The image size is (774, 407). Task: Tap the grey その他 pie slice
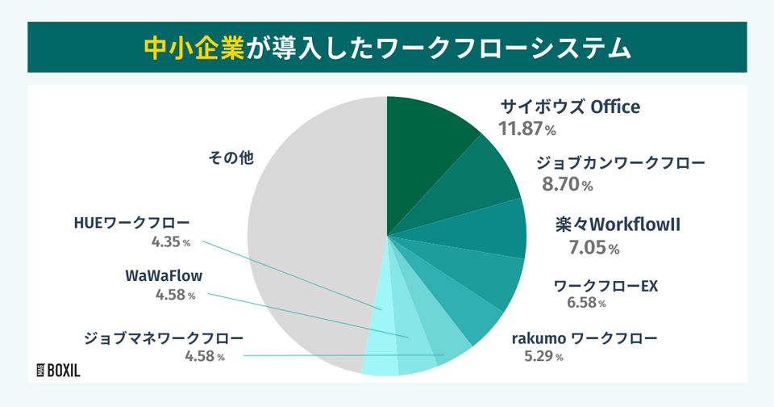306,242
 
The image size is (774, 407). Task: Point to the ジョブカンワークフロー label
621,162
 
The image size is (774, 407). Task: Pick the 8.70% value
568,185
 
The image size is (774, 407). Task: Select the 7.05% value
594,248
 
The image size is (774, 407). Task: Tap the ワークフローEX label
606,286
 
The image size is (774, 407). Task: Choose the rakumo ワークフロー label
585,338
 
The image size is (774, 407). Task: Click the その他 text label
231,158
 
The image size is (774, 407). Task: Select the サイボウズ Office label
570,107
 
